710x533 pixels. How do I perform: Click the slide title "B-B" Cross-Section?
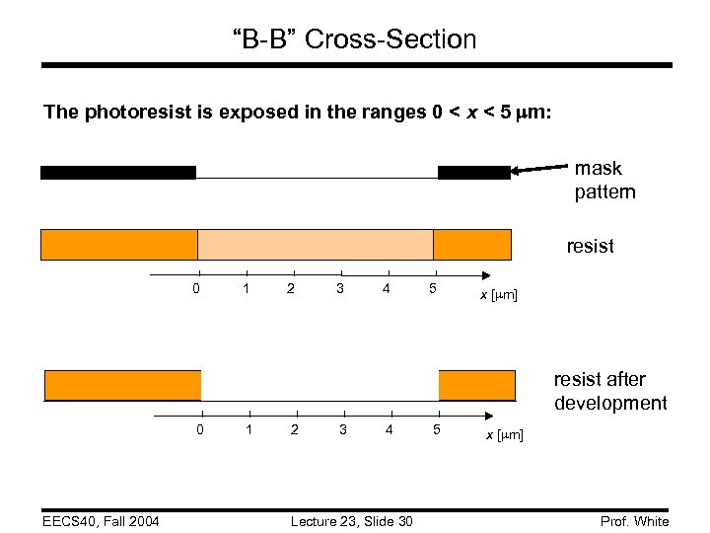(x=354, y=39)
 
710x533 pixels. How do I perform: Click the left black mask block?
(x=117, y=173)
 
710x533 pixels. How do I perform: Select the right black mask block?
(x=473, y=173)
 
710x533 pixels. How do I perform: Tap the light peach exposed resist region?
(x=316, y=244)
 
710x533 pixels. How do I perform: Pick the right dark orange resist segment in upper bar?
(x=472, y=244)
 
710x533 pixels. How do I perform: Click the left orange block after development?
(x=123, y=385)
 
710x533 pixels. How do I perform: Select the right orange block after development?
(x=476, y=385)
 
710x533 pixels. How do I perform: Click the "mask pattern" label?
(x=604, y=180)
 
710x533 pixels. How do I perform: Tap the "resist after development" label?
(x=609, y=391)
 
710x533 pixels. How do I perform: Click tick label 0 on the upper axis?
(x=198, y=289)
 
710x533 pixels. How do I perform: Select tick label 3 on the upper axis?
(x=339, y=289)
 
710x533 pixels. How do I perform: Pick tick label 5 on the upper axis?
(x=433, y=289)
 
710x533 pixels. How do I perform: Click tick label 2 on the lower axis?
(x=296, y=429)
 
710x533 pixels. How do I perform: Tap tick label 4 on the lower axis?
(x=390, y=429)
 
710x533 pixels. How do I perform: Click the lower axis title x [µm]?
(x=503, y=435)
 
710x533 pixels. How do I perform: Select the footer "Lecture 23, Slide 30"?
(x=352, y=521)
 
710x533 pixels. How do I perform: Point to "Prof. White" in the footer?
(x=633, y=521)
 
